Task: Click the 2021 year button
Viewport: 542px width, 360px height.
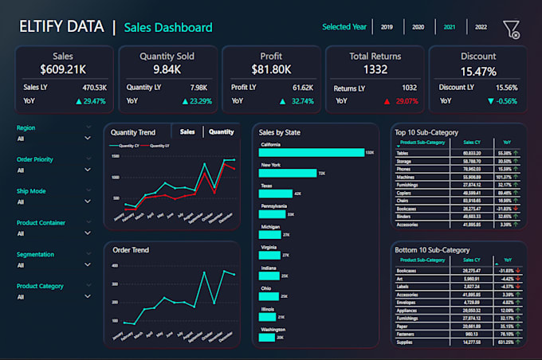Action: click(x=450, y=27)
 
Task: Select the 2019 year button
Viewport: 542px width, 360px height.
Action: click(x=387, y=27)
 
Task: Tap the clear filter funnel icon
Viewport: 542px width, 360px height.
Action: click(x=512, y=29)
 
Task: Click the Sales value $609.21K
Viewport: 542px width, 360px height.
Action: click(x=62, y=69)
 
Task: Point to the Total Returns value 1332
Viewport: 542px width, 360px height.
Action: click(x=374, y=69)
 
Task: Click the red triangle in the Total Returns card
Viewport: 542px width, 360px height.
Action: click(x=387, y=101)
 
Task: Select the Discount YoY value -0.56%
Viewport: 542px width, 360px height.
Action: click(x=501, y=101)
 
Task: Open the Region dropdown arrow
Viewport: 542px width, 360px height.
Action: click(x=88, y=138)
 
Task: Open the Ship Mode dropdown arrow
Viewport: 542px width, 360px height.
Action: click(x=88, y=202)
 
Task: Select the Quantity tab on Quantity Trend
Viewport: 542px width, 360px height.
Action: click(x=222, y=132)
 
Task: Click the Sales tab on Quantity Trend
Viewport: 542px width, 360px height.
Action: click(x=187, y=132)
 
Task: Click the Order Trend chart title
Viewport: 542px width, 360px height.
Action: click(x=131, y=250)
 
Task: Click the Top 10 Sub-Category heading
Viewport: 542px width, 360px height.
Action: click(x=427, y=132)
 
